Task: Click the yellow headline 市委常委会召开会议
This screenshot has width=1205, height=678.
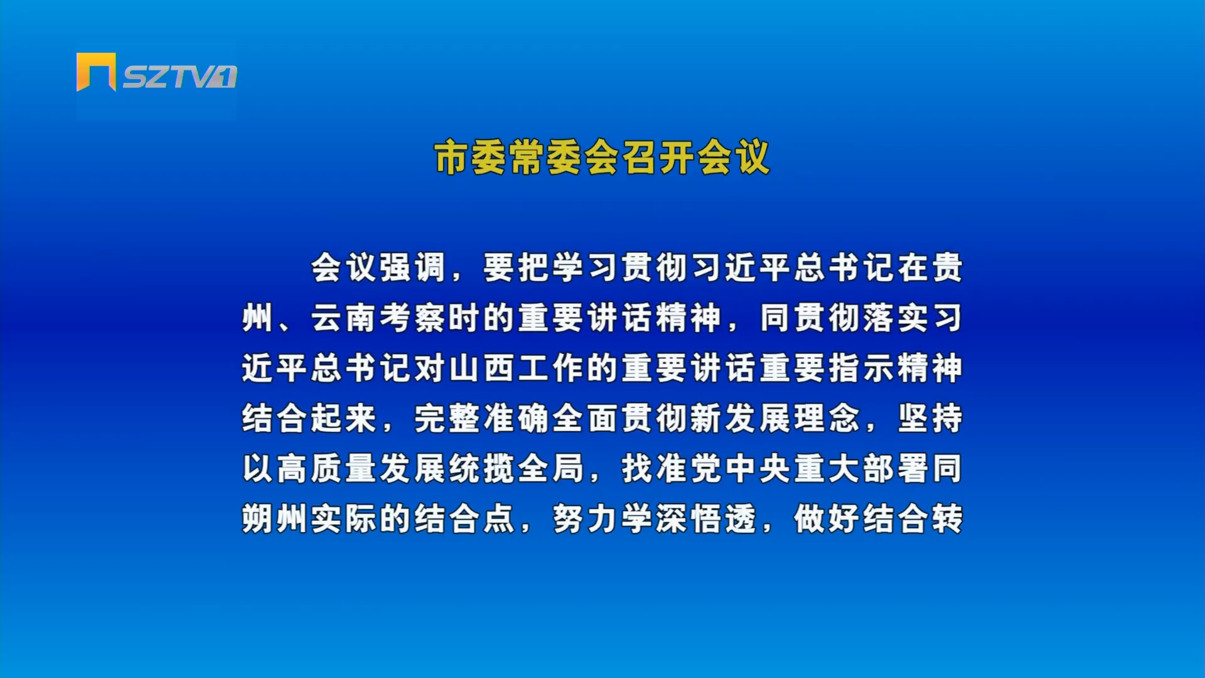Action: click(602, 157)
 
